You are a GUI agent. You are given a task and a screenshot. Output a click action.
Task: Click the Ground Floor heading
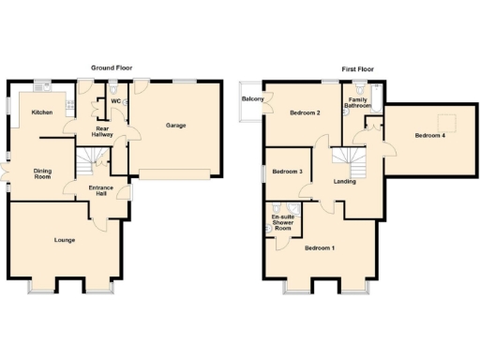coord(110,68)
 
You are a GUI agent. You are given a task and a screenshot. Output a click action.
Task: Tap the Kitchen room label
coord(42,112)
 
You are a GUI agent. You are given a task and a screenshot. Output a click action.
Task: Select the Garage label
coord(175,125)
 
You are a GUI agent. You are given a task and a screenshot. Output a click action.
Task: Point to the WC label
coord(115,100)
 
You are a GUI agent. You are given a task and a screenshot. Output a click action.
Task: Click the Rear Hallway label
coord(102,132)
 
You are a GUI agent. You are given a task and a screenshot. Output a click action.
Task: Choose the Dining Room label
coord(43,173)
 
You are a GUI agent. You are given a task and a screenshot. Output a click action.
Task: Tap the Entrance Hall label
coord(100,191)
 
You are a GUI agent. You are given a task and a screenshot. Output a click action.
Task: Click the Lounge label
coord(64,241)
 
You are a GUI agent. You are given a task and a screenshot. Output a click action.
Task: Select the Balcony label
coord(252,99)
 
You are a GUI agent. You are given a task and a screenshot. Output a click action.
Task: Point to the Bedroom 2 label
coord(306,113)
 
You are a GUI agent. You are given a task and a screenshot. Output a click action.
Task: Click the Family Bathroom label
coord(357,102)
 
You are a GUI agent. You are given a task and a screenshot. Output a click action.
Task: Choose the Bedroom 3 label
coord(287,172)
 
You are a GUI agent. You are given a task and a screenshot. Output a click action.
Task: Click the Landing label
coord(344,181)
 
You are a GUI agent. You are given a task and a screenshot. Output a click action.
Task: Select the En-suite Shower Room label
coord(282,223)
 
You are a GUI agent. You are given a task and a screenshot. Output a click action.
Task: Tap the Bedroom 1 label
coord(320,247)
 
